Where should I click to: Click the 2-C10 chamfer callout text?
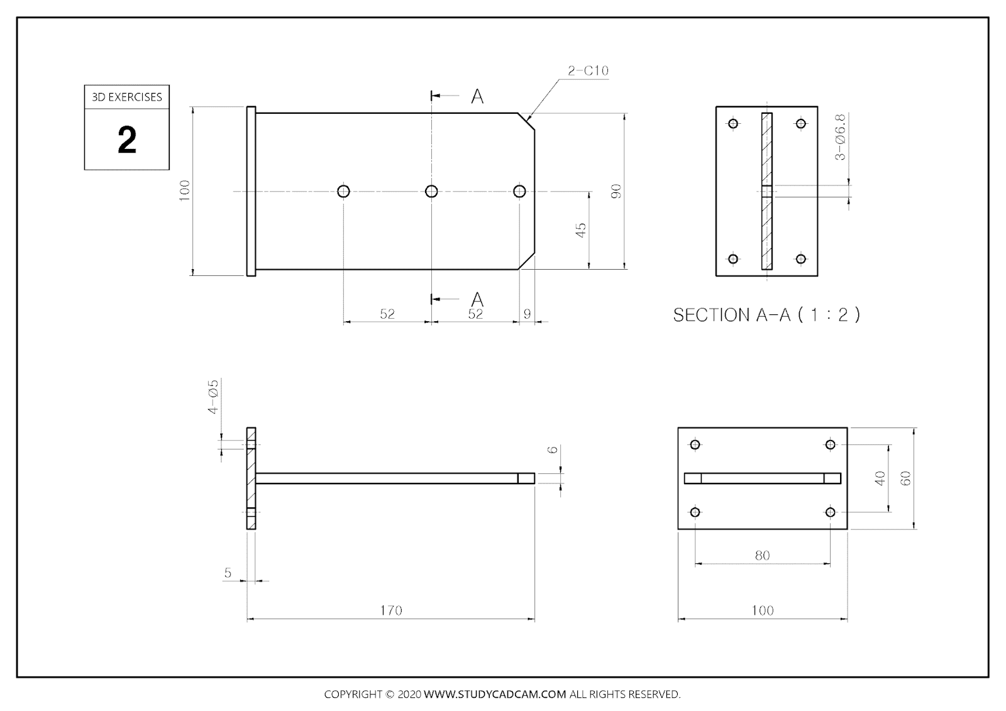coord(588,71)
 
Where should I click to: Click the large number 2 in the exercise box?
coord(127,140)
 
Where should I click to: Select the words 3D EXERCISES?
coord(127,97)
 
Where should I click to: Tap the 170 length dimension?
coord(390,610)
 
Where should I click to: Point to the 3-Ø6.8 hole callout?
coord(841,137)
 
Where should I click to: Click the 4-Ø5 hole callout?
coord(213,397)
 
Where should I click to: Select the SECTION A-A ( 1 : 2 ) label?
coord(766,315)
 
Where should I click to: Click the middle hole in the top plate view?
coord(431,191)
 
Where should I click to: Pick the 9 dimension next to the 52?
coord(527,314)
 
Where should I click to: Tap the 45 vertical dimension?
coord(581,230)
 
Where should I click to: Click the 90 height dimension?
coord(616,191)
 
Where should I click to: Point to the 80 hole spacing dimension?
coord(762,556)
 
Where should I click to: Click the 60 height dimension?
coord(905,478)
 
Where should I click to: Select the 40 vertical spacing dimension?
coord(880,478)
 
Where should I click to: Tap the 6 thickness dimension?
coord(552,449)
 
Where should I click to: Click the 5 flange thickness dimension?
coord(228,573)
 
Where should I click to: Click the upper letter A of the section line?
coord(477,97)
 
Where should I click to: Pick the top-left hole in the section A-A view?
coord(733,123)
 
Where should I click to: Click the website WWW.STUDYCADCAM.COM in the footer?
coord(495,695)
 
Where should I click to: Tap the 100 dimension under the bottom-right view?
coord(762,610)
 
